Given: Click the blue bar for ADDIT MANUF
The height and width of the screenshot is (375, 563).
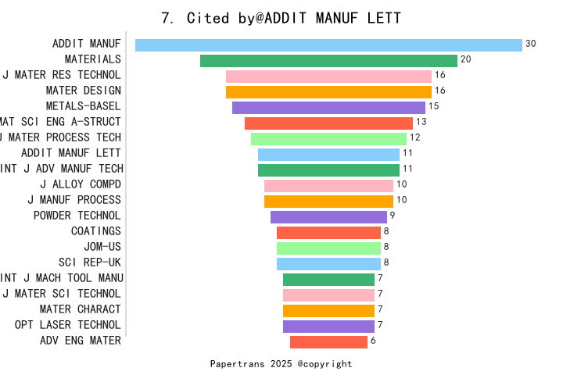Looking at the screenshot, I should point(328,45).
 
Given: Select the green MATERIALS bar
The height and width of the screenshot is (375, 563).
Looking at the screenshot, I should point(328,60).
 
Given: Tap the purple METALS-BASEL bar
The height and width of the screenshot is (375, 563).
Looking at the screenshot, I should point(328,107).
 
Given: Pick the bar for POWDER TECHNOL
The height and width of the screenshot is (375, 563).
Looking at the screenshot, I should point(328,216).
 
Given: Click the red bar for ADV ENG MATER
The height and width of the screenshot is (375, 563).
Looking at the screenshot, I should point(328,341).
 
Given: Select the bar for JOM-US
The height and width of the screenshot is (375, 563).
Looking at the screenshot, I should point(328,248).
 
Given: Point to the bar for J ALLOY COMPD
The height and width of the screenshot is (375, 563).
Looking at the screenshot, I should point(328,185).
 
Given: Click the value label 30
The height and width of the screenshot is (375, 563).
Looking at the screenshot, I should point(531,44).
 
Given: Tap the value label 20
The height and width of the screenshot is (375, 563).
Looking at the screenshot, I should point(466,59).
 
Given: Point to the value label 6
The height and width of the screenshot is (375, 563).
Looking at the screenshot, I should point(373,341).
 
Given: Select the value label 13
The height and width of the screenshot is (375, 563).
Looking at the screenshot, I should point(421,122).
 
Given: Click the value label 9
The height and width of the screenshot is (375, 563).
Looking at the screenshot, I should point(393,216).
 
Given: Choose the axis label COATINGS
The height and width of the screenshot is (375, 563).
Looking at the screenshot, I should point(96,231).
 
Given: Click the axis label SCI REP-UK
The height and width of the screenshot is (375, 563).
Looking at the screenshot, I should point(90,262).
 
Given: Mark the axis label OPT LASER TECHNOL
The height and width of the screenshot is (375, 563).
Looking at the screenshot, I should point(68,325).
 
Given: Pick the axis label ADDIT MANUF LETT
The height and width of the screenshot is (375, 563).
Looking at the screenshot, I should point(71,153).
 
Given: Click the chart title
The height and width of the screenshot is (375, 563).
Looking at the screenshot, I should point(281,18).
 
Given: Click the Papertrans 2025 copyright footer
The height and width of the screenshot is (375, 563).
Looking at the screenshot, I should point(281,364).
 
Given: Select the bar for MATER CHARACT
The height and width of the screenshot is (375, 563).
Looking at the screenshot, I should point(328,310).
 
